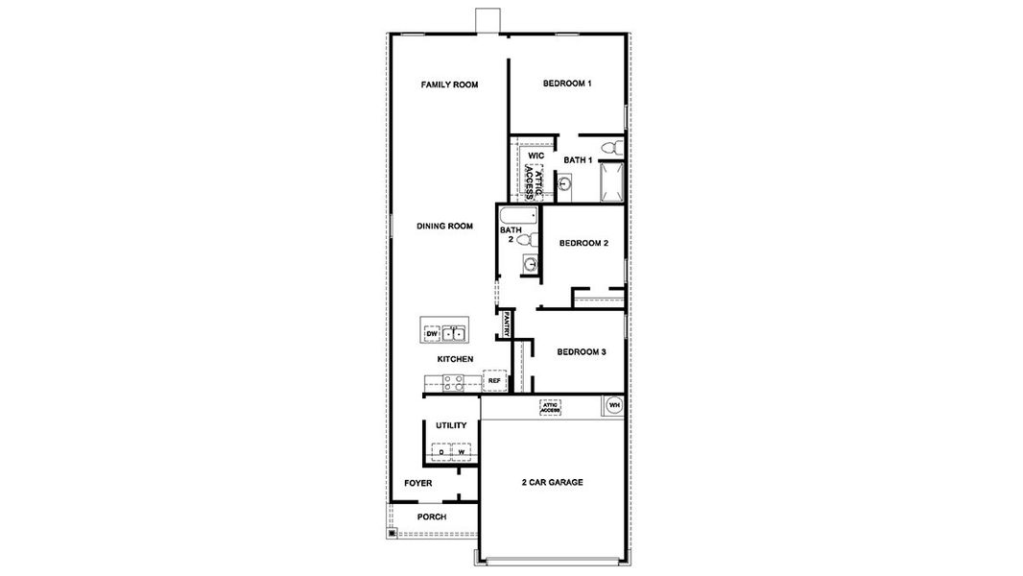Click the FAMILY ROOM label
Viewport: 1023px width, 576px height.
(x=449, y=84)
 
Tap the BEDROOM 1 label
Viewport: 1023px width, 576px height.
(x=566, y=84)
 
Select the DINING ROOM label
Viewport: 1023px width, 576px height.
(x=445, y=227)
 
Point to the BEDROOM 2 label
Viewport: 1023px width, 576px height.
(x=583, y=243)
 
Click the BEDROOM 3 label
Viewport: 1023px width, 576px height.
(x=582, y=352)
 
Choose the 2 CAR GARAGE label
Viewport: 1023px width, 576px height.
(x=552, y=482)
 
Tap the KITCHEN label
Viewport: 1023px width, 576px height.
(x=455, y=359)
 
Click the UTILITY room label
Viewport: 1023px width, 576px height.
(x=451, y=425)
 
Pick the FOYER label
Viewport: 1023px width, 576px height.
(x=417, y=483)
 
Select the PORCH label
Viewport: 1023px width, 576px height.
(x=432, y=516)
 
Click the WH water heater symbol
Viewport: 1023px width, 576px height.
(x=614, y=406)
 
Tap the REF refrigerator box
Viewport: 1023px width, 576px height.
(x=494, y=381)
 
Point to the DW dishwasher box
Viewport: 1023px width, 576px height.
(x=432, y=334)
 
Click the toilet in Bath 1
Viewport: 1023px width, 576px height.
(x=617, y=148)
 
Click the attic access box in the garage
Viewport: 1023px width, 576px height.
(x=550, y=407)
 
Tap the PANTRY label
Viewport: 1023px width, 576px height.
(x=506, y=324)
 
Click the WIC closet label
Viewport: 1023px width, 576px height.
(x=535, y=156)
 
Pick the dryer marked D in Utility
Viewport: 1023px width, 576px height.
(x=440, y=451)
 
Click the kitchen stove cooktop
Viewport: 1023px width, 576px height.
(x=453, y=382)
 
